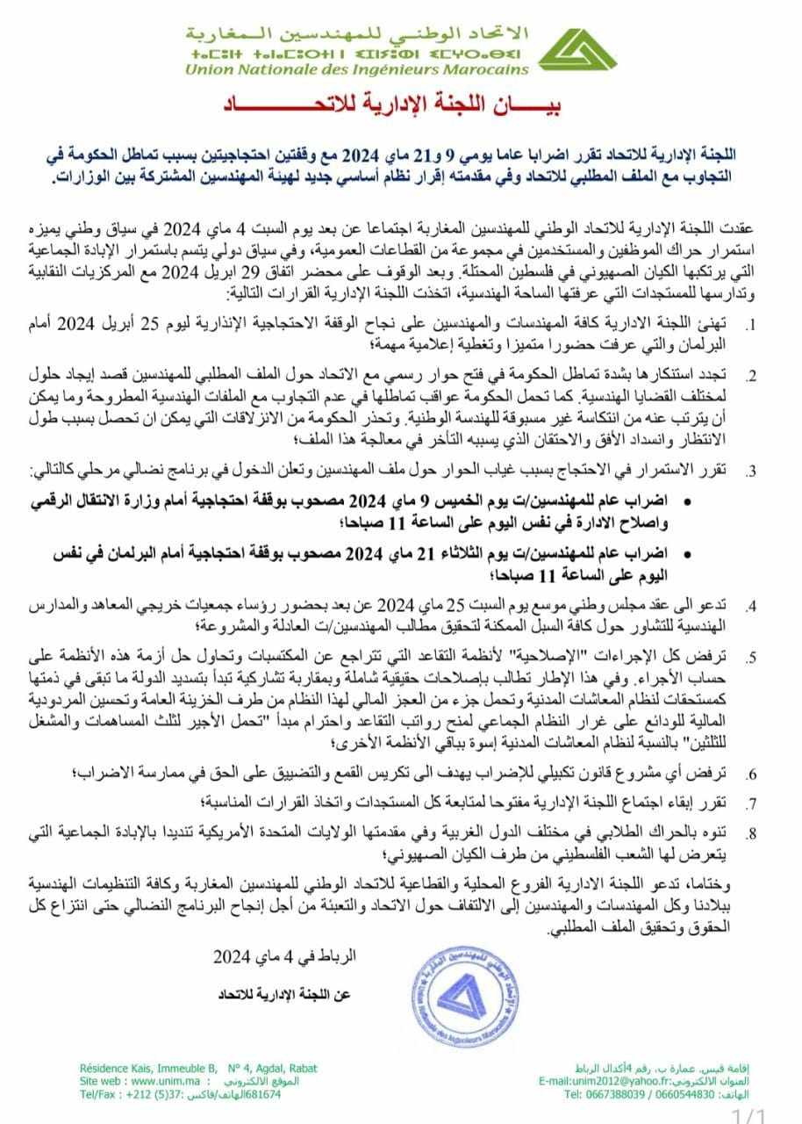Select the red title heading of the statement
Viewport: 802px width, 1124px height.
pos(402,107)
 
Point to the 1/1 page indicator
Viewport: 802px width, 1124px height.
pos(751,1116)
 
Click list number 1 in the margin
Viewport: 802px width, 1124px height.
pos(750,327)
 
